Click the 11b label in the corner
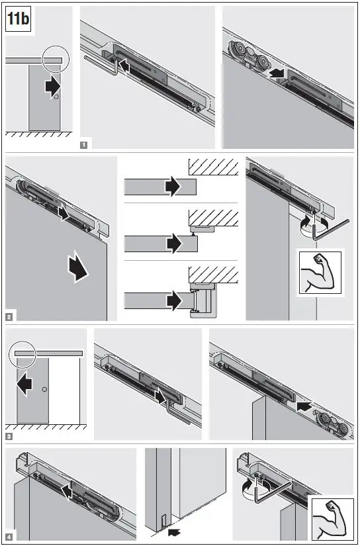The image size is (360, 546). tap(19, 20)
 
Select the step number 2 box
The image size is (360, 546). tap(9, 317)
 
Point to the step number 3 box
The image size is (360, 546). tap(9, 437)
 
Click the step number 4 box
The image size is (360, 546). tap(9, 535)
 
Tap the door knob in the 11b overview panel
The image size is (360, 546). tap(56, 98)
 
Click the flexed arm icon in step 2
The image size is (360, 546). tap(320, 272)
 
